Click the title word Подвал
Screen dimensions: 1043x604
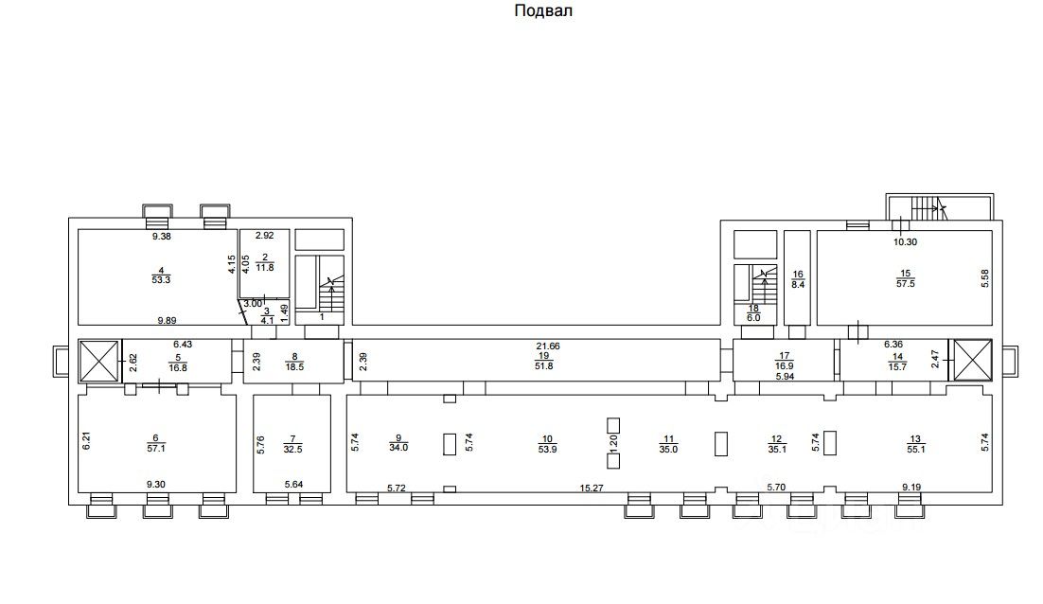point(544,11)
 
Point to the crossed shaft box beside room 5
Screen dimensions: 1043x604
point(98,361)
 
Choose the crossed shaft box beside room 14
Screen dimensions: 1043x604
point(972,361)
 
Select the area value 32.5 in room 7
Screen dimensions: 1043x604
point(292,451)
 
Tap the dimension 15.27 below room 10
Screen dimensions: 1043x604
point(592,489)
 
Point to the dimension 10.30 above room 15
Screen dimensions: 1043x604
point(907,240)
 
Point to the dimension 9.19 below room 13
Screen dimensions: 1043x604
point(910,489)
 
